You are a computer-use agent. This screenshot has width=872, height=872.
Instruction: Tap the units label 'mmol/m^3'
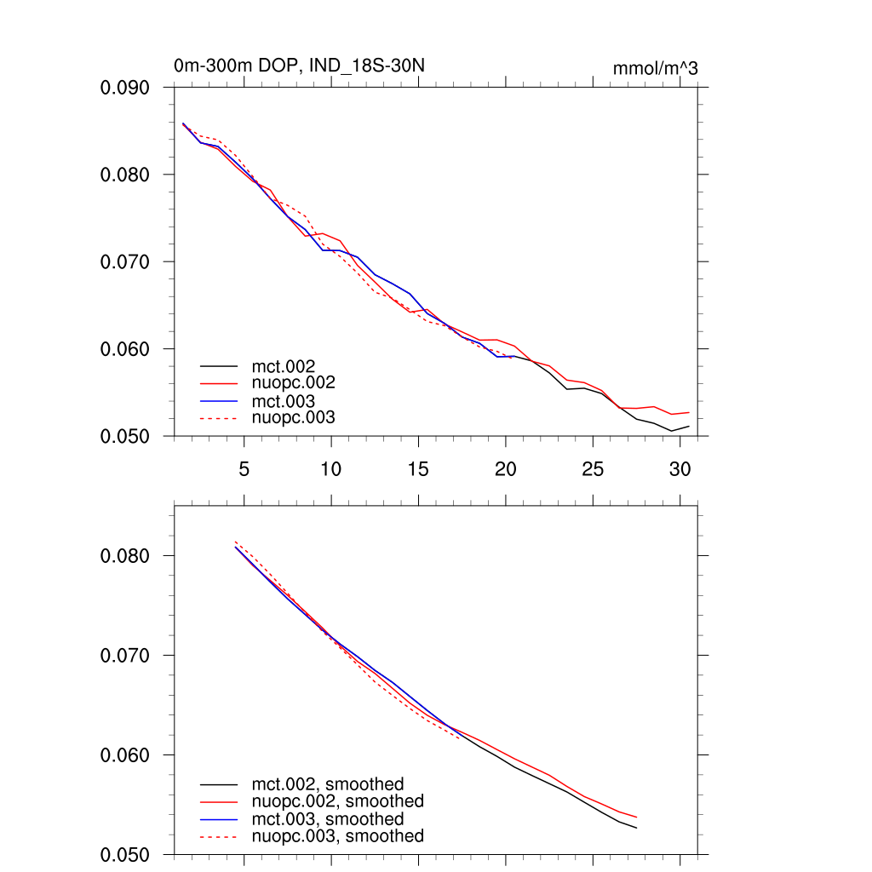coord(655,68)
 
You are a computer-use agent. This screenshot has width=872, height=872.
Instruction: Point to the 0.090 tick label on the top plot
coord(126,88)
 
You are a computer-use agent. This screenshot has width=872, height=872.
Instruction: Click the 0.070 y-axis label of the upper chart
coord(126,262)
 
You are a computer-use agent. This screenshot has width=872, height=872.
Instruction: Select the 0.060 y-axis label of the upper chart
coord(126,349)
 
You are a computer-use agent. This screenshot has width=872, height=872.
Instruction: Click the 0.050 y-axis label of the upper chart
coord(126,436)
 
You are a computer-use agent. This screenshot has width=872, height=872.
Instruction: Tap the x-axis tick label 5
coord(244,469)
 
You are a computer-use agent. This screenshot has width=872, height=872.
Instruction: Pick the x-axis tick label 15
coord(418,469)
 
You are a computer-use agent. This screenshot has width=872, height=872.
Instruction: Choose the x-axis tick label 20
coord(506,469)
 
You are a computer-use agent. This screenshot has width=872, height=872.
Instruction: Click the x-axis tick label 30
coord(680,469)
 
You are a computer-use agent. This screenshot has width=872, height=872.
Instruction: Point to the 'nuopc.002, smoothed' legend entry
coord(337,801)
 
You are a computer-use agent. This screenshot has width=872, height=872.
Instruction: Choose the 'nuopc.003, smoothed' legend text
coord(337,836)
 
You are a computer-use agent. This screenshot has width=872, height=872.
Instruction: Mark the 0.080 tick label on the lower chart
coord(126,556)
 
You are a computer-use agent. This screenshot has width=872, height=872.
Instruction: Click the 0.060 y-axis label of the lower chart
coord(126,755)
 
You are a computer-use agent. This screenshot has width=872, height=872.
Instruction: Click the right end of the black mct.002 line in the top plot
coord(688,426)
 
